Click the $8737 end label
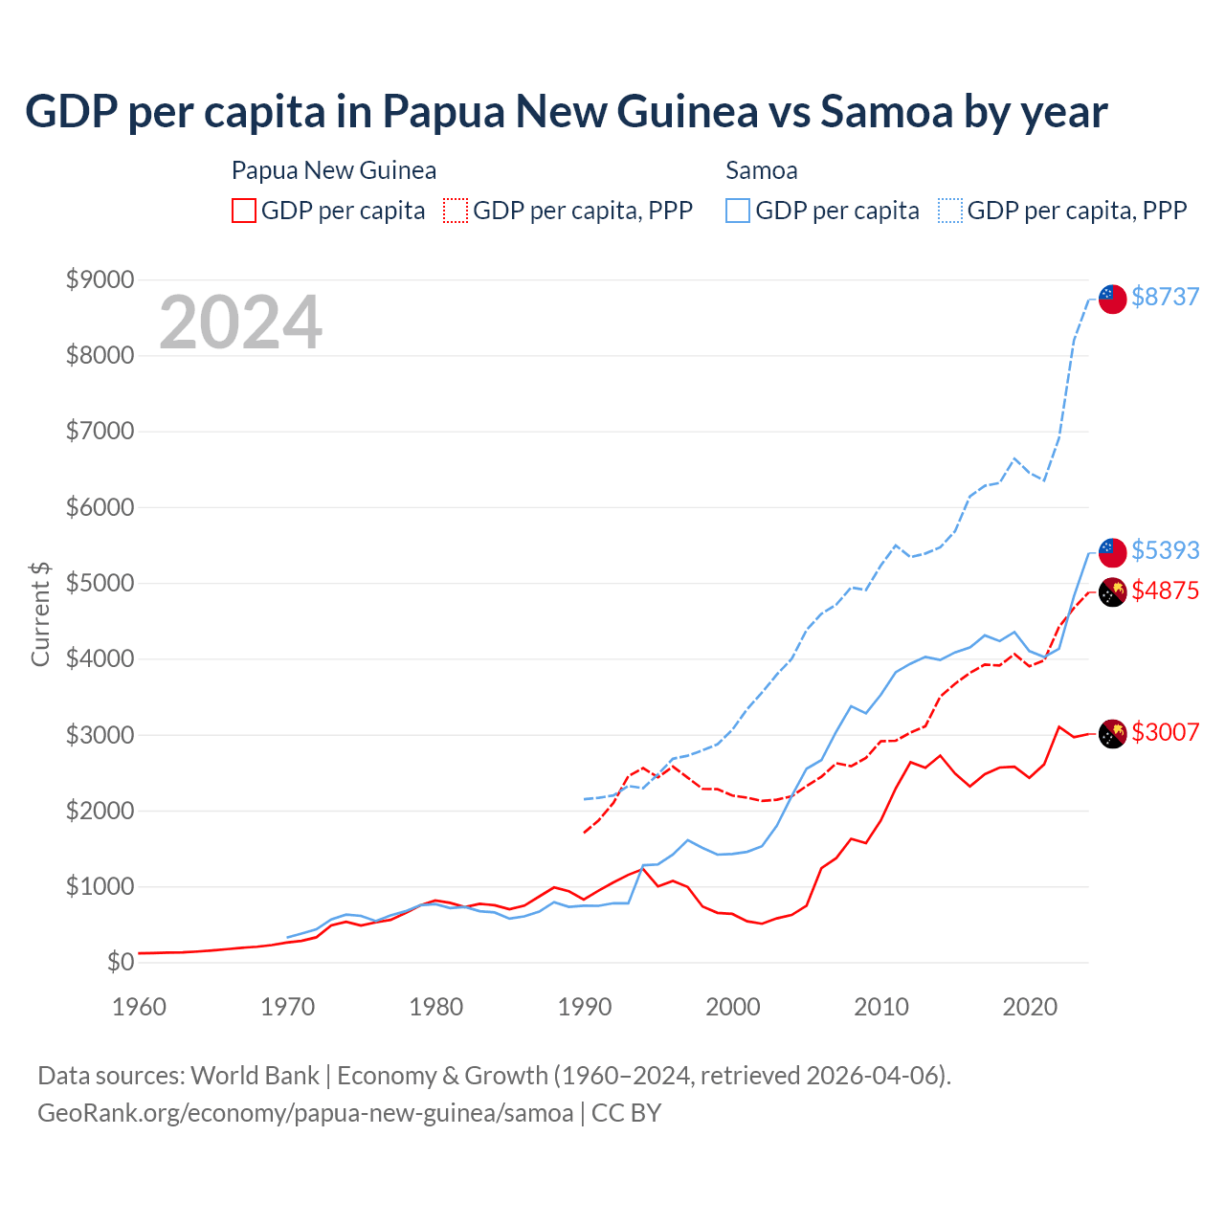point(1165,297)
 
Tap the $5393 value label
point(1165,550)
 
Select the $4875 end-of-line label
point(1165,590)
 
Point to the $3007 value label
point(1165,732)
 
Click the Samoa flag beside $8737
point(1112,299)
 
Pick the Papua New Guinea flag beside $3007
point(1112,734)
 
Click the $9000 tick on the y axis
point(100,279)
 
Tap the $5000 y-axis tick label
point(100,583)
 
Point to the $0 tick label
point(121,962)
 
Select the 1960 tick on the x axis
point(140,1007)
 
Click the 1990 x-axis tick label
point(585,1007)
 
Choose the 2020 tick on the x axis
point(1030,1007)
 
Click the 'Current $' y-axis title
point(40,614)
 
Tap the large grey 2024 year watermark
point(240,323)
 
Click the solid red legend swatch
point(244,211)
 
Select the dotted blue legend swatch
point(950,211)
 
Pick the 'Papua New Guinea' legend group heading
point(334,170)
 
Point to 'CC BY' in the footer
point(627,1113)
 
